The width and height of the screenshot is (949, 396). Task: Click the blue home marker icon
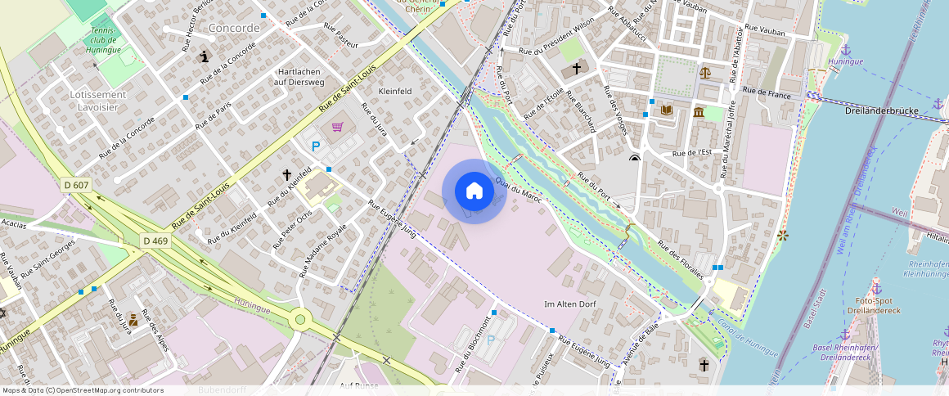point(474,191)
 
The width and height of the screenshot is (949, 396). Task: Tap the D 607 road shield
point(76,186)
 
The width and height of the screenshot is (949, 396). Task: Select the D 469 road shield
point(155,241)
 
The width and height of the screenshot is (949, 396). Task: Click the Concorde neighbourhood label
point(234,28)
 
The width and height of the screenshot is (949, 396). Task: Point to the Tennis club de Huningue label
point(103,41)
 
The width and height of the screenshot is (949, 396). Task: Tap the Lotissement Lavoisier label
point(98,101)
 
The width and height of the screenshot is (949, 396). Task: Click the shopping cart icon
point(337,127)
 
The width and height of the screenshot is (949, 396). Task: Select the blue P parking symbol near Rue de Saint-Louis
point(316,146)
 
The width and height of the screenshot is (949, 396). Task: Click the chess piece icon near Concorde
point(204,56)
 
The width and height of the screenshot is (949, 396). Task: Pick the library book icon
point(667,110)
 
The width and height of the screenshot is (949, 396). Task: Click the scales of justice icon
point(705,72)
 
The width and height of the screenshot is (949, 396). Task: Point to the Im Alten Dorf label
point(570,304)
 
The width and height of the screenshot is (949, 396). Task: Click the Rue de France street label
point(767,95)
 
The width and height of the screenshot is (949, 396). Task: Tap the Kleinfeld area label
point(394,91)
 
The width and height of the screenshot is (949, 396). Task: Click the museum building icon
point(699,112)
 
